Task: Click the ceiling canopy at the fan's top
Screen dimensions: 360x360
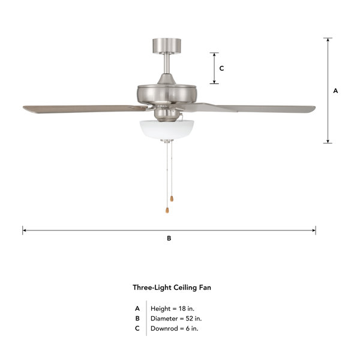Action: (x=167, y=46)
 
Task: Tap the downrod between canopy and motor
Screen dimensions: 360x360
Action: (x=167, y=64)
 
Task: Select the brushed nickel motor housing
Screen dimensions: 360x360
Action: (x=167, y=94)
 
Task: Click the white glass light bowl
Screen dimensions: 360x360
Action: (x=167, y=129)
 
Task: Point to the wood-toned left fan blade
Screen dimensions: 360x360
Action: (x=85, y=109)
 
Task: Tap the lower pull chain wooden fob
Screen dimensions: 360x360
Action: (x=167, y=210)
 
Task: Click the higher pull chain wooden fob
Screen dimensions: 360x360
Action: (x=172, y=199)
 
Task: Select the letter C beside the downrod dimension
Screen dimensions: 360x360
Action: (x=221, y=68)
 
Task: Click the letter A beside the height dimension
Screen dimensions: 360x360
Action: (x=335, y=91)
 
